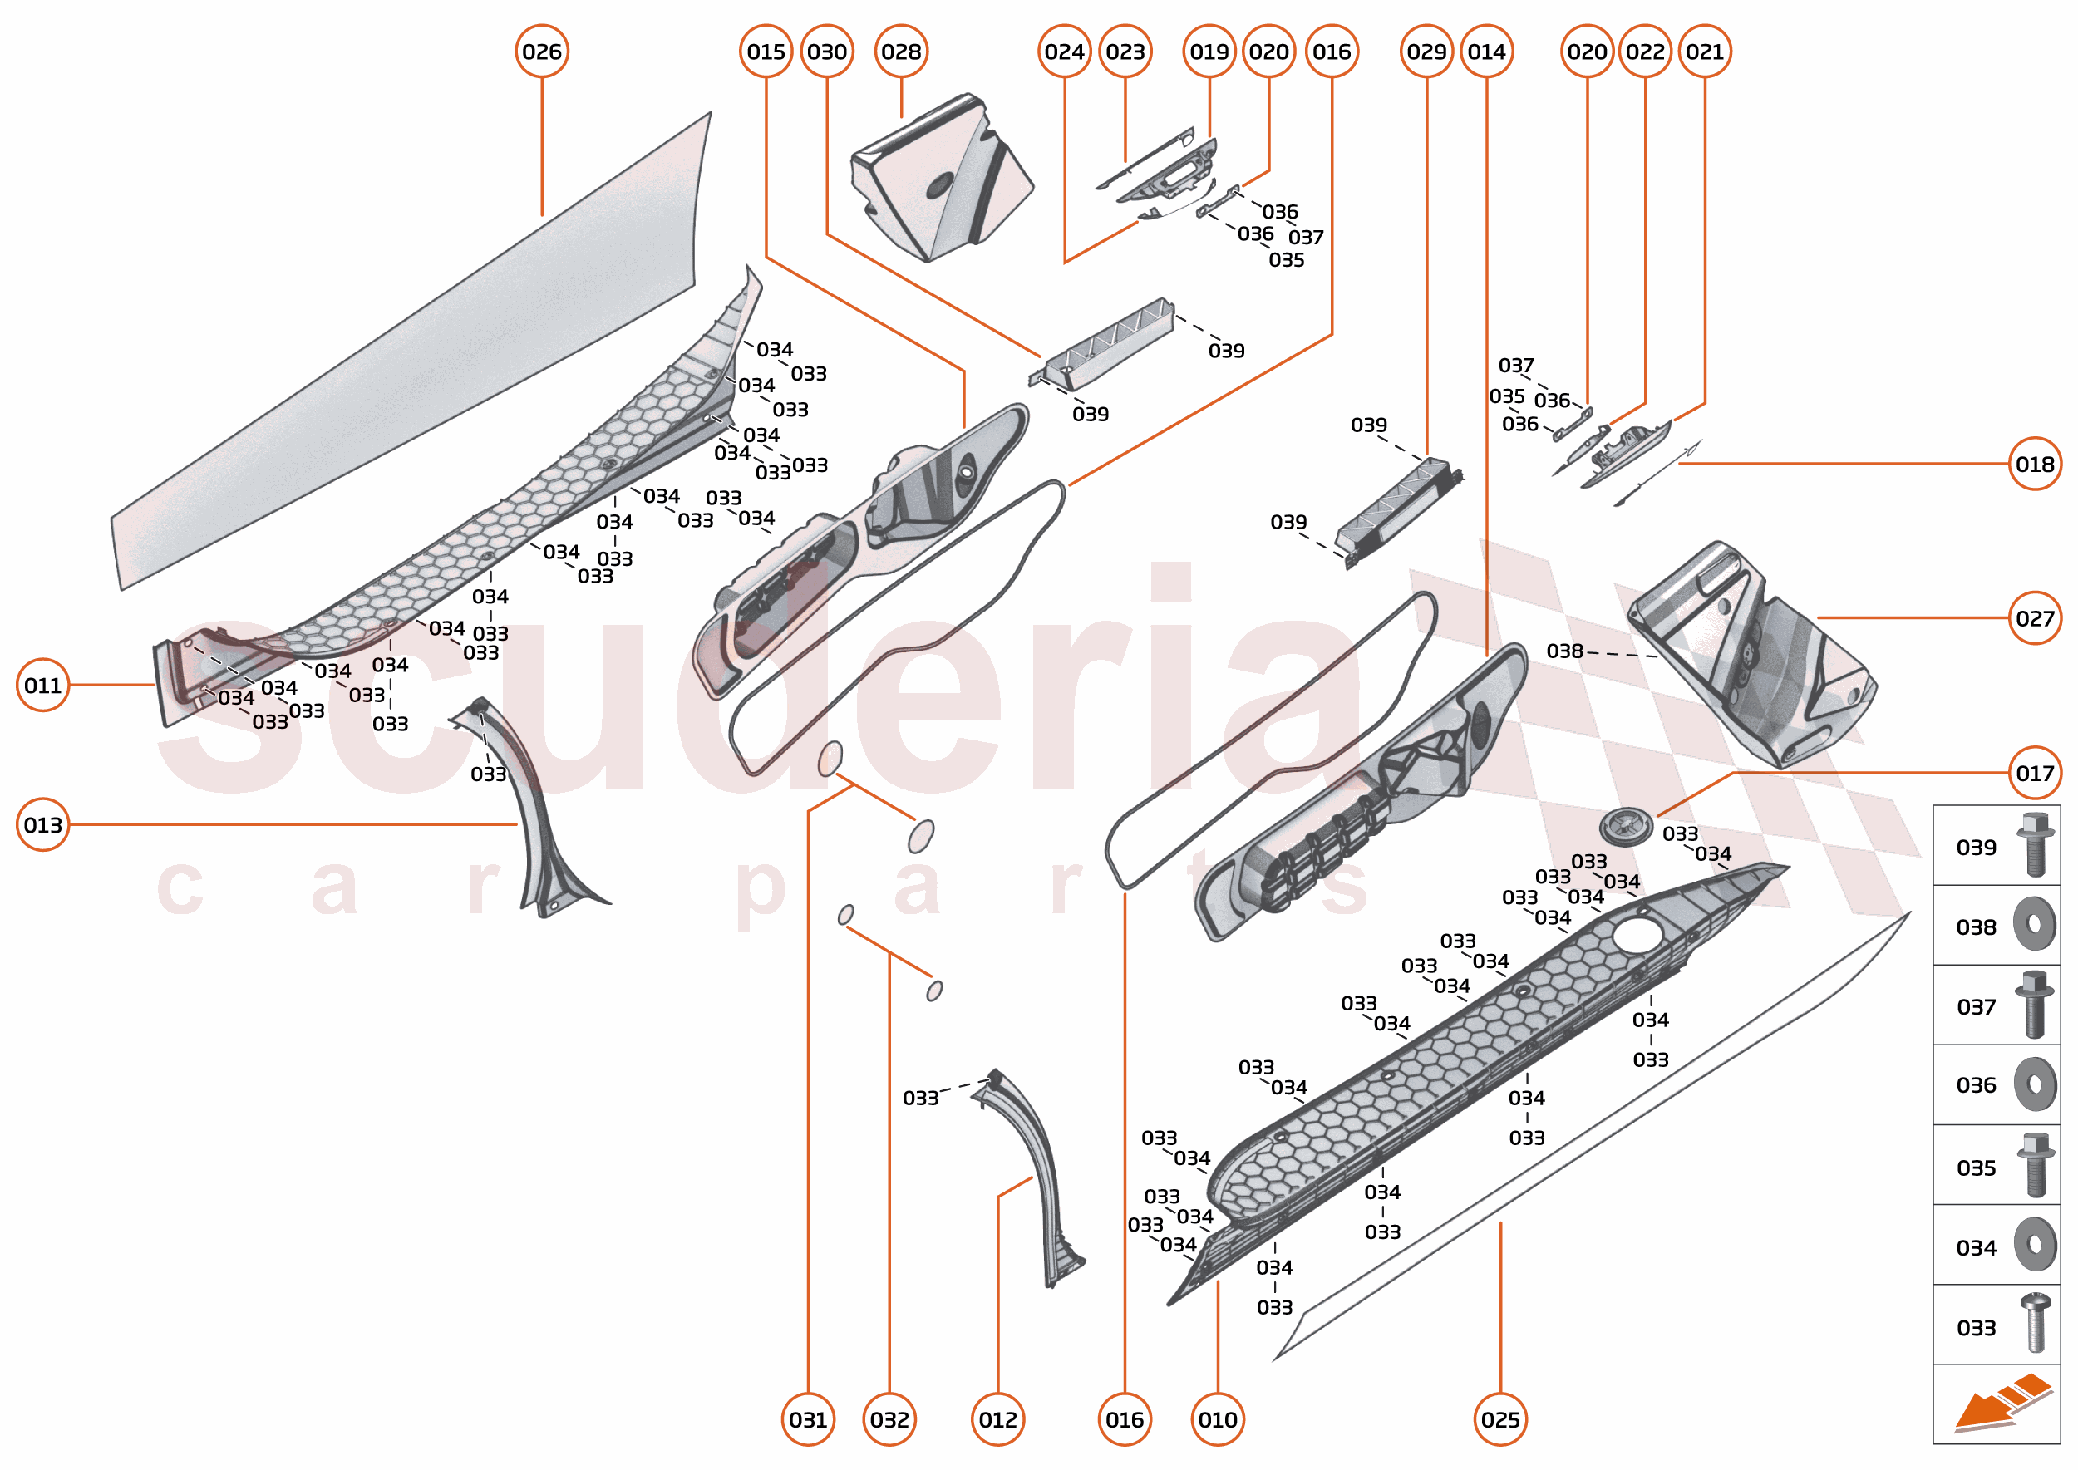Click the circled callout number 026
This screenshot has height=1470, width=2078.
(541, 52)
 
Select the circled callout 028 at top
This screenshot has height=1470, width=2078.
(901, 52)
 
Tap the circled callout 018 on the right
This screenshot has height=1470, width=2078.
(2035, 465)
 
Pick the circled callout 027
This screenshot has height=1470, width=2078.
(2035, 618)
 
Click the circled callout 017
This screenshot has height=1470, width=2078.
(2035, 773)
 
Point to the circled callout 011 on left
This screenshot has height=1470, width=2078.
(42, 686)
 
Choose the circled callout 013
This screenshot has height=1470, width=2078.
(42, 824)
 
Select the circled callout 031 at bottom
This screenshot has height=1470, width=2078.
(808, 1419)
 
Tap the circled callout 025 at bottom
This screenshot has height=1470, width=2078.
(1500, 1419)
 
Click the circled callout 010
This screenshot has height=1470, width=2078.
(1218, 1419)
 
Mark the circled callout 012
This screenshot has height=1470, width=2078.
(997, 1419)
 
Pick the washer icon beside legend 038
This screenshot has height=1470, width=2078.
(2035, 924)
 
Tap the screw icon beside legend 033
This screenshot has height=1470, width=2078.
(2035, 1324)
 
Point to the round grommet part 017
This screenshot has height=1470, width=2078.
(1626, 825)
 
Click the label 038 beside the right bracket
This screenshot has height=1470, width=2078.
(1564, 651)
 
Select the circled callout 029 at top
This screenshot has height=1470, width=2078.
(1426, 52)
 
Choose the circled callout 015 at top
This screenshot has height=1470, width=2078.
(766, 52)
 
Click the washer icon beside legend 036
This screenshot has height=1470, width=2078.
(2035, 1084)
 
